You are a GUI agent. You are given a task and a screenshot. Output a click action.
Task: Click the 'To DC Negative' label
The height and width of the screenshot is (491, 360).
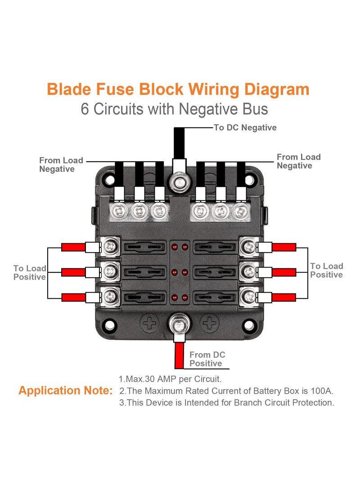pos(245,128)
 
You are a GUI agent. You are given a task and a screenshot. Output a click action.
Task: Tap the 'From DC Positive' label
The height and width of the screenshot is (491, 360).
pos(207,359)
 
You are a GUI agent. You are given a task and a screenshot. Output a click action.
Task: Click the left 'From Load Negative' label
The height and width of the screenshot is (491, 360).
pos(61,165)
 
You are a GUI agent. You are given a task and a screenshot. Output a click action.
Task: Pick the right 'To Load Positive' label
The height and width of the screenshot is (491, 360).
pos(326,270)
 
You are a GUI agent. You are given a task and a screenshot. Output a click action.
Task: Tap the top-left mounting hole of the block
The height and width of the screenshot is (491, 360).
pos(108,179)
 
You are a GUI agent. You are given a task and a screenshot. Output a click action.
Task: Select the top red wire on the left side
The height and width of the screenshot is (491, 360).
pos(73,247)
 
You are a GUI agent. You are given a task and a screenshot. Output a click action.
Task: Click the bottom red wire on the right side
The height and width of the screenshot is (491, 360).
pos(284,297)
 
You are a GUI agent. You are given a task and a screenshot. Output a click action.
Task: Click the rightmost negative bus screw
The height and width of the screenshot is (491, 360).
pos(241,210)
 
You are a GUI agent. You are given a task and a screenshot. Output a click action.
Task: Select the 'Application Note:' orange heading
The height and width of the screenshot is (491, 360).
pos(66,391)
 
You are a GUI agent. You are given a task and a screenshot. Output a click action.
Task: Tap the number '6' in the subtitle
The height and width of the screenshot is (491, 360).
pos(85,109)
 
